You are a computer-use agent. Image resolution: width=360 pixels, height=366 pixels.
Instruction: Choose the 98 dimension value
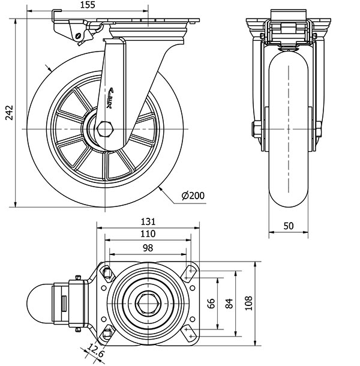(x=147, y=247)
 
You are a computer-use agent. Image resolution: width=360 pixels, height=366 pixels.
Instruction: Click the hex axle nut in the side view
(x=106, y=129)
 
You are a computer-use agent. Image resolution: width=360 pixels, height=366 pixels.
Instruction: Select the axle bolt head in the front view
(x=256, y=129)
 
